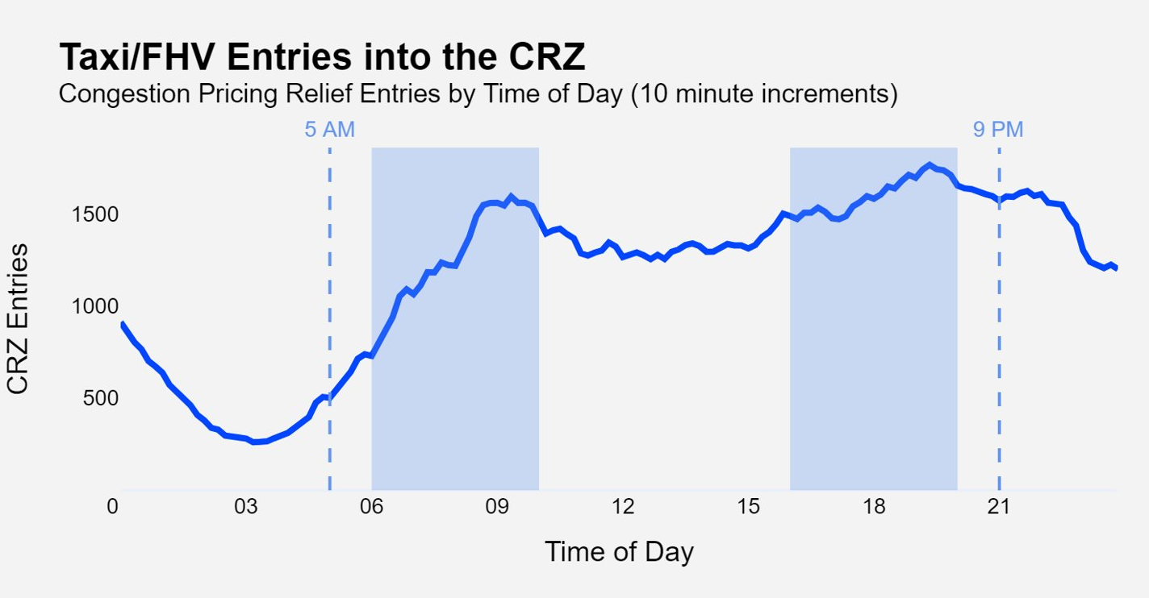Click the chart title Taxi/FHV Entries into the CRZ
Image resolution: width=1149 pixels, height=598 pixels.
(322, 58)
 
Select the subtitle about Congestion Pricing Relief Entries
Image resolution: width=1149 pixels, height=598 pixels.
(478, 94)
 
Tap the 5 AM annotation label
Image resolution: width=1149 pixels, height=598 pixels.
(329, 130)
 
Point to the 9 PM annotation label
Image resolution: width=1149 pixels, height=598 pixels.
(998, 130)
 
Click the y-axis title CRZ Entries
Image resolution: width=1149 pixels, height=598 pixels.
(18, 318)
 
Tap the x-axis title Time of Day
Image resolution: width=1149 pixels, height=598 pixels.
(619, 552)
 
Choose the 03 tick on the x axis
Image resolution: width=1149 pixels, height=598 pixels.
(246, 507)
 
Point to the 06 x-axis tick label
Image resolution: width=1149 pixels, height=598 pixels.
(371, 507)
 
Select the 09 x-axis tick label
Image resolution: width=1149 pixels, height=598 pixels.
(497, 507)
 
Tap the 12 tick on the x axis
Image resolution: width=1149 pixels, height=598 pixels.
(623, 507)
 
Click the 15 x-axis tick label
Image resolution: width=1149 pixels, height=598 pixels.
(748, 507)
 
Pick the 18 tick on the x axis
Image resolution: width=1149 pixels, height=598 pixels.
(874, 507)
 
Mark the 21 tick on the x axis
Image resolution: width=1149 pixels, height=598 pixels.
(999, 507)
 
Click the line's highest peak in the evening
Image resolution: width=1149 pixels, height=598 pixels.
(930, 165)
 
